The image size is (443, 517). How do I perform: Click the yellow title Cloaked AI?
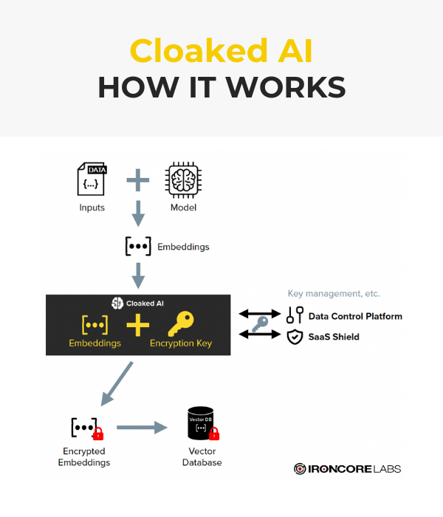pyautogui.click(x=221, y=51)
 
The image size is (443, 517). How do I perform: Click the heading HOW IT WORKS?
pyautogui.click(x=221, y=86)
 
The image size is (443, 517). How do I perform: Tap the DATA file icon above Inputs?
pyautogui.click(x=92, y=181)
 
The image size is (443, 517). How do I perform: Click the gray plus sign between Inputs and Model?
pyautogui.click(x=137, y=180)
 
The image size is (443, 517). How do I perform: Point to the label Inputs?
pyautogui.click(x=92, y=208)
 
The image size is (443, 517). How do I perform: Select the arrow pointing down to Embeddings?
pyautogui.click(x=137, y=213)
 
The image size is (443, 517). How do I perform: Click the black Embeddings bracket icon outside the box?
pyautogui.click(x=138, y=247)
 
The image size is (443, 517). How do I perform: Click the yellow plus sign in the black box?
pyautogui.click(x=137, y=325)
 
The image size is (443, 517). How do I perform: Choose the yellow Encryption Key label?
pyautogui.click(x=182, y=343)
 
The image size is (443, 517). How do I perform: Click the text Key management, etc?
pyautogui.click(x=333, y=294)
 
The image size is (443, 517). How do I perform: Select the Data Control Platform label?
pyautogui.click(x=355, y=316)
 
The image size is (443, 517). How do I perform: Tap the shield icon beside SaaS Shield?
pyautogui.click(x=294, y=337)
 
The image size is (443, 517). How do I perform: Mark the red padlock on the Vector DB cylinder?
pyautogui.click(x=215, y=434)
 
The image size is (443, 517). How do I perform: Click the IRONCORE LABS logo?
pyautogui.click(x=347, y=468)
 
